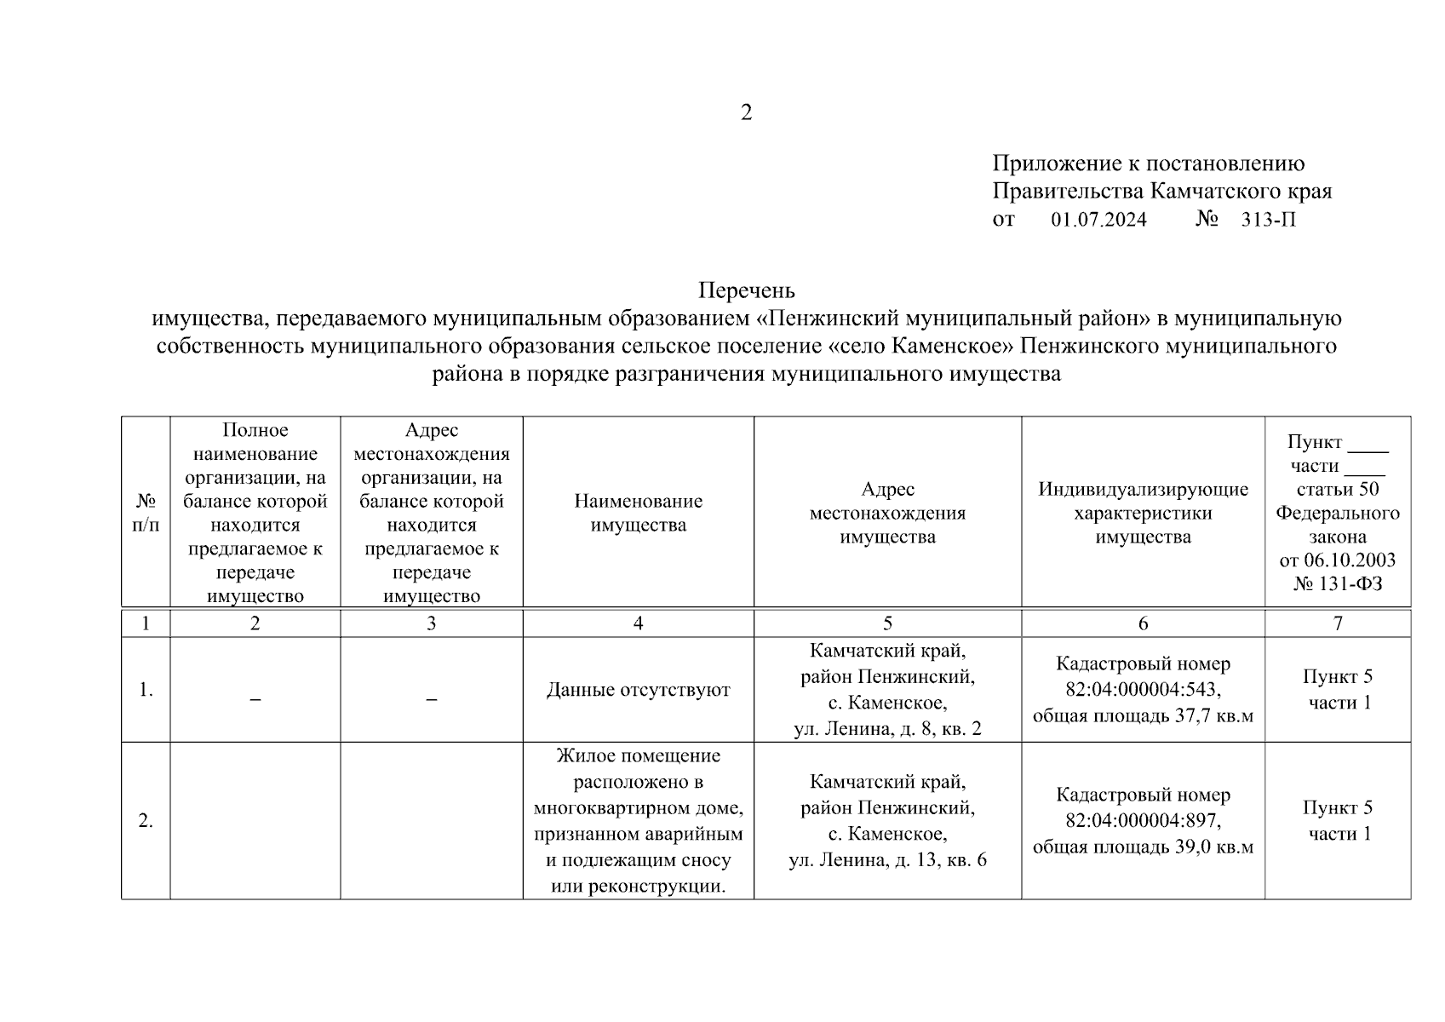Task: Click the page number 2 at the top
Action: tap(746, 112)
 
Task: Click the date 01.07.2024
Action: tap(1098, 220)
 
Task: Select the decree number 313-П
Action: tap(1268, 220)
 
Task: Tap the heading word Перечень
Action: tap(746, 290)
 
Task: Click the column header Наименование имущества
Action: tap(638, 513)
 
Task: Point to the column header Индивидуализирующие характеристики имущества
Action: tap(1143, 513)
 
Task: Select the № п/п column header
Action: tap(146, 513)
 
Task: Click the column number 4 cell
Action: tap(638, 623)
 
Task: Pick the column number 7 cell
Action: tap(1337, 623)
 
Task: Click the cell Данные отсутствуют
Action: tap(638, 690)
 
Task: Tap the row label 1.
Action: tap(146, 690)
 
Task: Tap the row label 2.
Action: tap(146, 821)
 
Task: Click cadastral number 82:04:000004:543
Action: tap(1143, 690)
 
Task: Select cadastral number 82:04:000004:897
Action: tap(1143, 821)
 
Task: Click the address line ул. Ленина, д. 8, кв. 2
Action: tap(887, 729)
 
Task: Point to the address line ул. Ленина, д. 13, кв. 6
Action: tap(887, 860)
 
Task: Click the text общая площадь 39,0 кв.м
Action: tap(1143, 847)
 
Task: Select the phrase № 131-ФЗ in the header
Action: tap(1337, 584)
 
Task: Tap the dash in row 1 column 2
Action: tap(255, 699)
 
